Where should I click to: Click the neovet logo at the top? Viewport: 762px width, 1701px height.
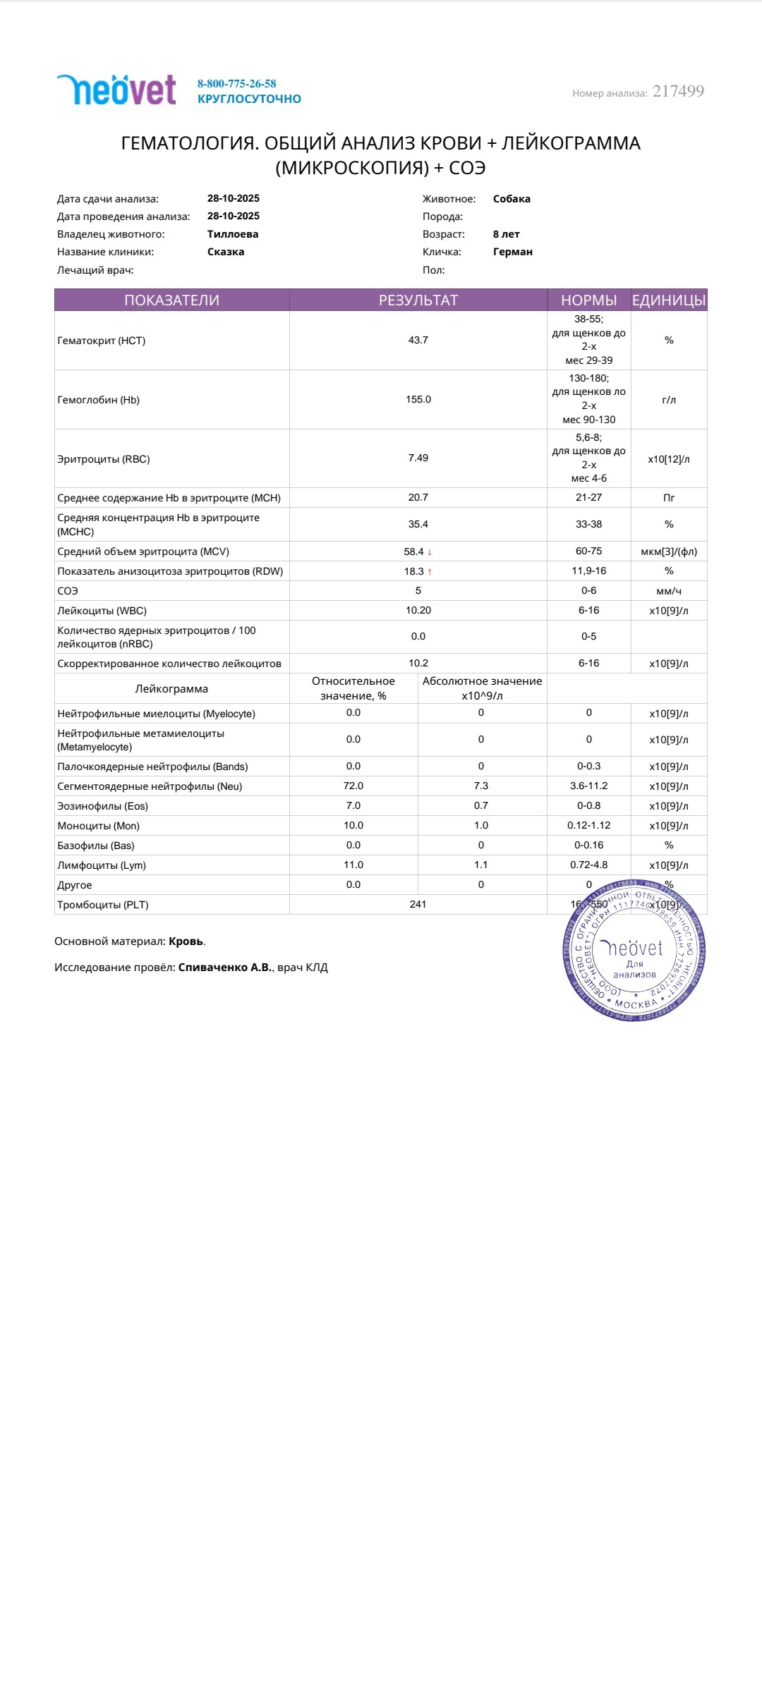116,90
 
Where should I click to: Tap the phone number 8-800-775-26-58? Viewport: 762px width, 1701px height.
236,84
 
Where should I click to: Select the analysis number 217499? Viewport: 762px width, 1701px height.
678,92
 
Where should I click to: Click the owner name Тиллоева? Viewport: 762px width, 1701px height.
233,234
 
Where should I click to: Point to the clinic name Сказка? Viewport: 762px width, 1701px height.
226,252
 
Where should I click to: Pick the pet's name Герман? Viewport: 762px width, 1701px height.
513,252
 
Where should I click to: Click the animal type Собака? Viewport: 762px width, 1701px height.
512,199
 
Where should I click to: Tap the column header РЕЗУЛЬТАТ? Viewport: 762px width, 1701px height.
418,300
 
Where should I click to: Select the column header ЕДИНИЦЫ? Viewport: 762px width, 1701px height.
668,300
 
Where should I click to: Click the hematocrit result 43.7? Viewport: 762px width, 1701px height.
418,340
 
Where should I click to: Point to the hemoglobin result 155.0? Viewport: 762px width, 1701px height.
418,399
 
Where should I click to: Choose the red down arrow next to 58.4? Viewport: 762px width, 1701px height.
430,552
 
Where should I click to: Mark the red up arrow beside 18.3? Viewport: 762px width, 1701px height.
430,572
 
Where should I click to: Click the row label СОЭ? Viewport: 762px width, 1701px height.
68,591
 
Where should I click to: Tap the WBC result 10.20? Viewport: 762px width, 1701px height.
418,610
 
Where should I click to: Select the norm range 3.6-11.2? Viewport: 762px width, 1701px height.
588,786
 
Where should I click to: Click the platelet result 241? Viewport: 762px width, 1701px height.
418,904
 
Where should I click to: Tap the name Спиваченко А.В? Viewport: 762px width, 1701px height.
225,968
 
